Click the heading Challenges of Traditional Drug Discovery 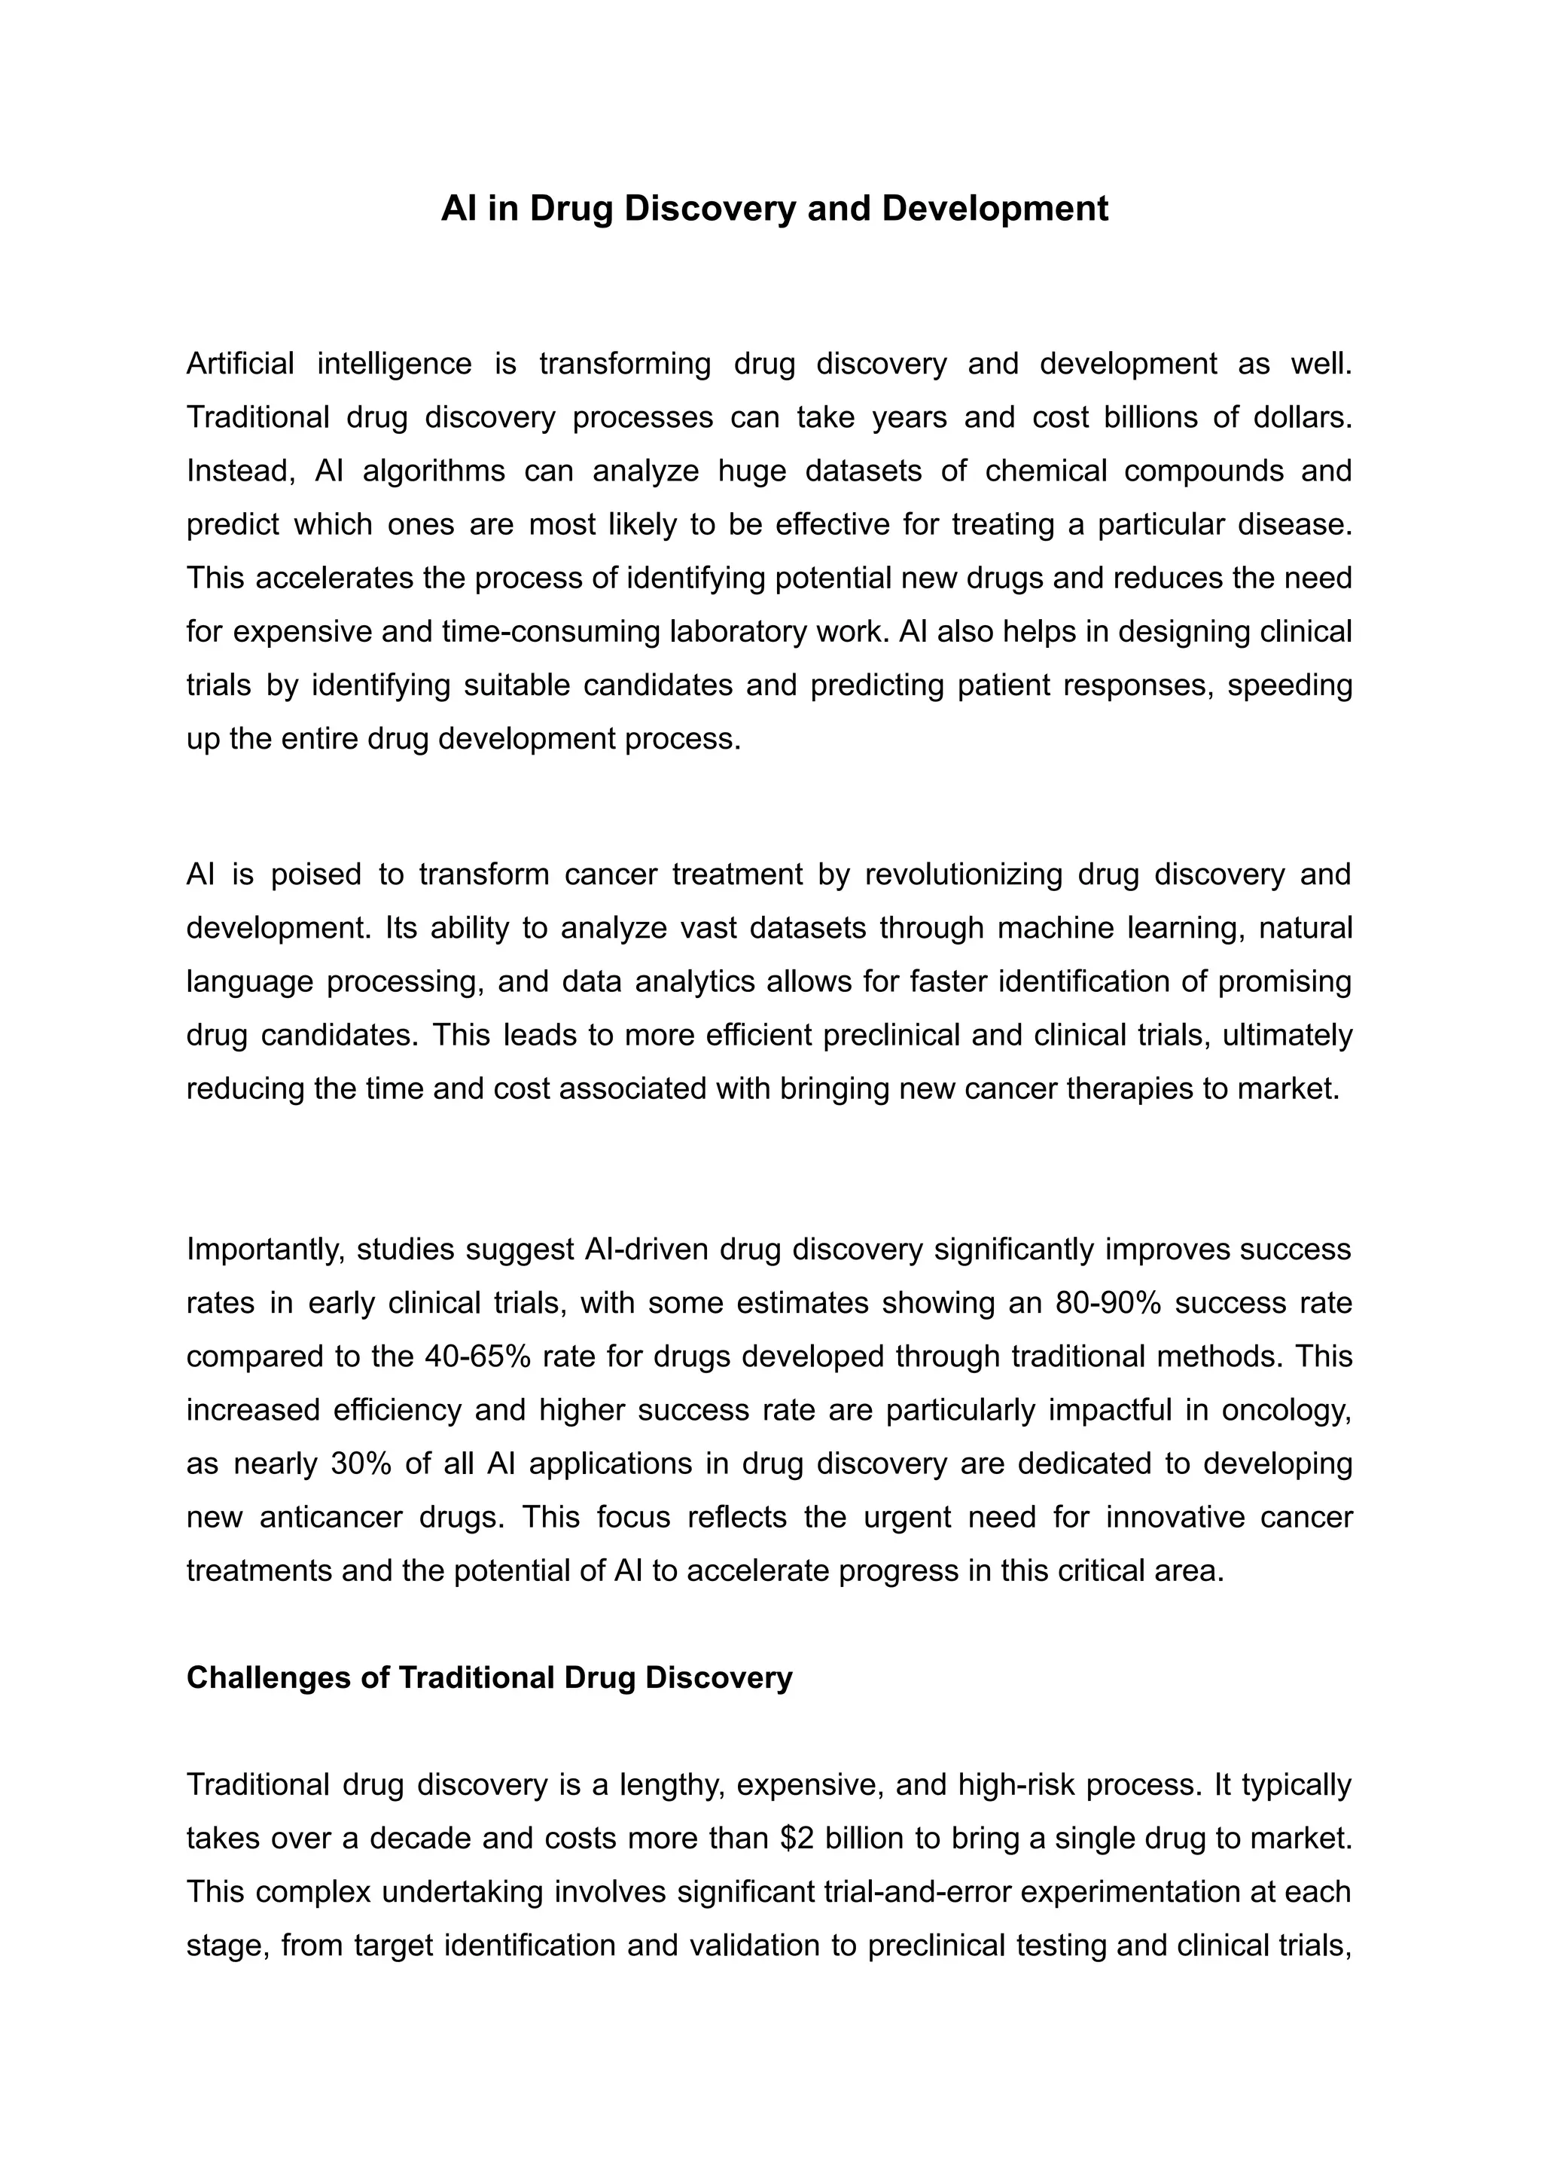tap(489, 1677)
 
